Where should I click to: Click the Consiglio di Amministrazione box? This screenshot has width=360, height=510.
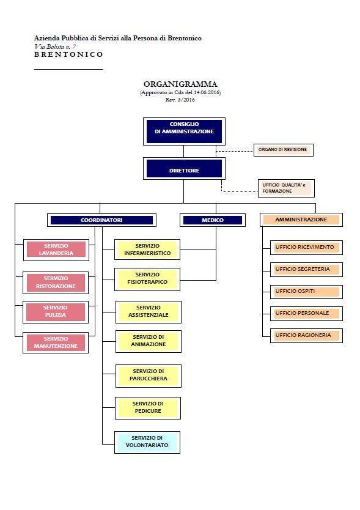click(184, 131)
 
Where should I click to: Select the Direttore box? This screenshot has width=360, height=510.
click(184, 169)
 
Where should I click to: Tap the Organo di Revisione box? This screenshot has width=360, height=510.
click(283, 150)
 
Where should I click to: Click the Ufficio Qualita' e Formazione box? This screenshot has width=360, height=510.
click(286, 188)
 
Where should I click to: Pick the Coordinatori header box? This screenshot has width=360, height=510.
click(101, 220)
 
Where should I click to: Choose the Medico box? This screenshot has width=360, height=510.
click(213, 220)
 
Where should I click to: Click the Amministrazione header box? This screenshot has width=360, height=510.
click(301, 220)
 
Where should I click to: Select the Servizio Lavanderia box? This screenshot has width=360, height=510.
click(56, 249)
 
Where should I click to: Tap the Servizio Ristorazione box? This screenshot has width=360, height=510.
click(56, 283)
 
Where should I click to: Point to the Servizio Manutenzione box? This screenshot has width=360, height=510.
click(56, 343)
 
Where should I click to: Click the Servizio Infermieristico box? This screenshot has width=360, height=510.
click(147, 249)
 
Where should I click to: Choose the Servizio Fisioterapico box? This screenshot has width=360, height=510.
click(147, 279)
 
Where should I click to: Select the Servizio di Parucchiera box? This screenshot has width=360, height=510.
click(149, 376)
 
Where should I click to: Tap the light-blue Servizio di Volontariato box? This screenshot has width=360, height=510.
click(147, 442)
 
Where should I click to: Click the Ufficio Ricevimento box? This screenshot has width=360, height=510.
click(306, 248)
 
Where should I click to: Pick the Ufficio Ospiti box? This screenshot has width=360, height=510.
click(306, 292)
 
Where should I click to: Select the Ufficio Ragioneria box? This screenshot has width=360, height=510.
click(306, 336)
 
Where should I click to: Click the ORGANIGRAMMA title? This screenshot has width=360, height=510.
click(180, 84)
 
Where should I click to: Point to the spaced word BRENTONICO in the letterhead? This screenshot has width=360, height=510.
click(68, 54)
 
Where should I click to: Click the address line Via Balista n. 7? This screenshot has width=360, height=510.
click(55, 46)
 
